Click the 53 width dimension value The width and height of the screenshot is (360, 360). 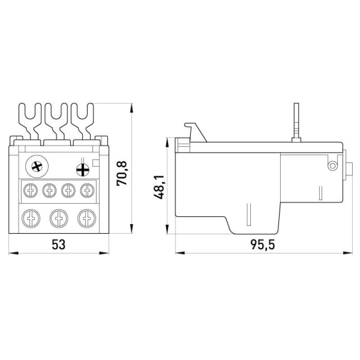pos(58,244)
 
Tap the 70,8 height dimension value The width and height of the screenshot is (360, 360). pos(121,174)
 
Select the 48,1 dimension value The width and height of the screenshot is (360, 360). pos(159,187)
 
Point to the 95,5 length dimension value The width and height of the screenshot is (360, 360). pos(263,245)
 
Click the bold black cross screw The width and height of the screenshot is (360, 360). pos(83,170)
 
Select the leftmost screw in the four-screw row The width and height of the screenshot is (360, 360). pos(31,190)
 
